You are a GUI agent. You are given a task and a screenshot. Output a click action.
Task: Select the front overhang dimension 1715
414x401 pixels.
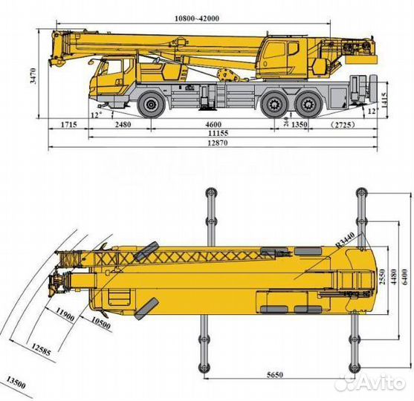click(x=68, y=125)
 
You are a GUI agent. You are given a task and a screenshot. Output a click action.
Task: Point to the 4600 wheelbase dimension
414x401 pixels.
click(x=213, y=125)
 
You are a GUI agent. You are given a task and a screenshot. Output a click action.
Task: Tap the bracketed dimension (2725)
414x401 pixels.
click(x=344, y=125)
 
